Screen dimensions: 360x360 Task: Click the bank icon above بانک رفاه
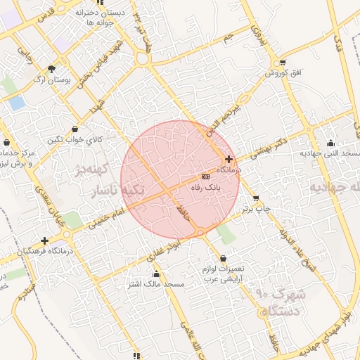click(x=205, y=176)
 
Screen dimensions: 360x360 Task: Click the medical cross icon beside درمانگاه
click(x=229, y=160)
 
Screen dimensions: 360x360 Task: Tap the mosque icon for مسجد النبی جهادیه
click(x=331, y=141)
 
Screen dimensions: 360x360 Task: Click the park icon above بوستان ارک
click(x=52, y=69)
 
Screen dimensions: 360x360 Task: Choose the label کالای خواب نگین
click(x=75, y=139)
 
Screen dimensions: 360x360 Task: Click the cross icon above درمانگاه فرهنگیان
click(x=45, y=240)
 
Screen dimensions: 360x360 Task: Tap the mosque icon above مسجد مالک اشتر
click(x=156, y=274)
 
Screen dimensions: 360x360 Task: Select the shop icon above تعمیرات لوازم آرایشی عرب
click(x=224, y=258)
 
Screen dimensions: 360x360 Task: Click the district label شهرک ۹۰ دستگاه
click(x=278, y=302)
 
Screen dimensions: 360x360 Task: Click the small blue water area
click(x=16, y=103)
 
